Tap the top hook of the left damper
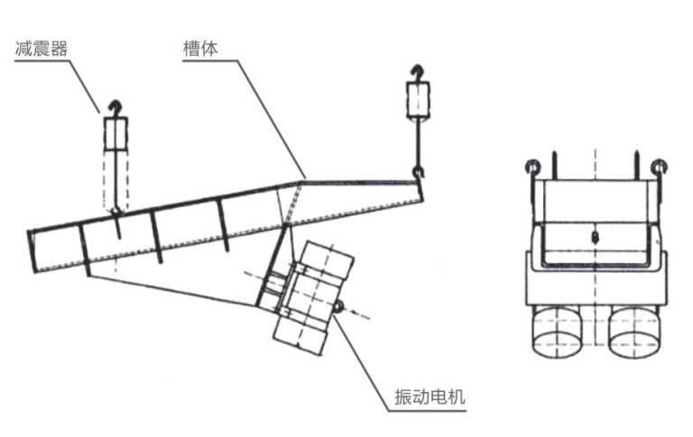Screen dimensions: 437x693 (x=114, y=107)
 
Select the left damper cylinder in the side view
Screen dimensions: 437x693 (x=115, y=136)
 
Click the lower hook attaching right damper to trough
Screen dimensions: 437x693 (x=417, y=171)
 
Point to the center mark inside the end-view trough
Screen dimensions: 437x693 (x=595, y=236)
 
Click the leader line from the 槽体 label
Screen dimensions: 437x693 (x=271, y=117)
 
